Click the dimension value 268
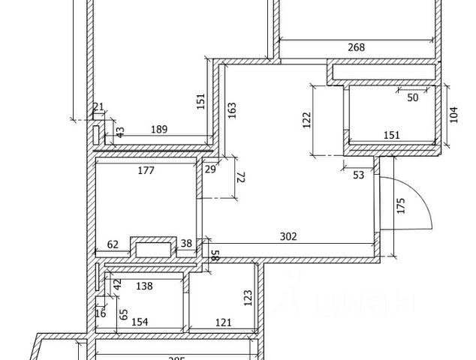coord(356,48)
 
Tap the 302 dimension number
coord(288,236)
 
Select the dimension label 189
coord(159,130)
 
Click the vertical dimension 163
coord(231,111)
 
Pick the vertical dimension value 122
coord(306,120)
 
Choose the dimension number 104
coord(453,115)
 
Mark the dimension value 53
coord(358,175)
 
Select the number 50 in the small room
coord(413,97)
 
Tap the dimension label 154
coord(140,322)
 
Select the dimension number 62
coord(113,244)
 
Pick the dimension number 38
coord(187,244)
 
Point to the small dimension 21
coord(98,108)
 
